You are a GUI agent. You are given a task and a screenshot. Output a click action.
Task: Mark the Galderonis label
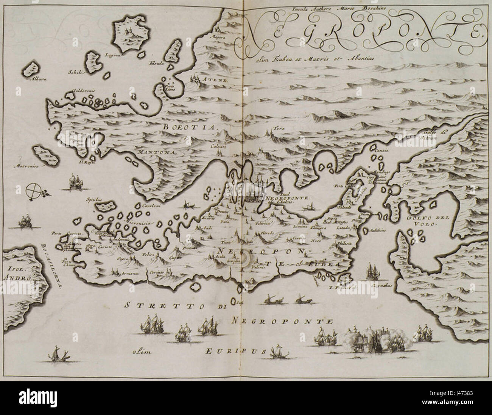tap(77, 91)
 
